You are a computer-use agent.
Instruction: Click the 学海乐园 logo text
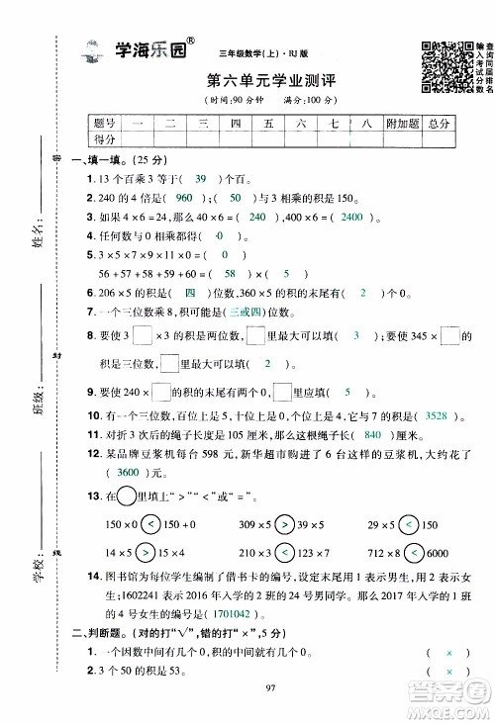click(x=156, y=55)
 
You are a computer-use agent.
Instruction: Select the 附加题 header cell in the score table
click(x=400, y=123)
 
